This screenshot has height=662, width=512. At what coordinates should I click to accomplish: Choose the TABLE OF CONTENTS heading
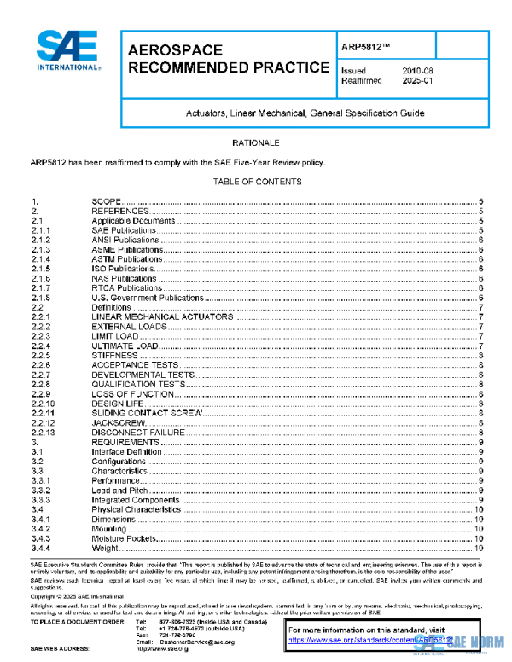[x=256, y=182]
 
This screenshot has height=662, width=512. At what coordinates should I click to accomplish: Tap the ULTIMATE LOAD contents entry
[x=125, y=346]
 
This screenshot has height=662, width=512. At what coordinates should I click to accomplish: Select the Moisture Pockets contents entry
[x=125, y=539]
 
